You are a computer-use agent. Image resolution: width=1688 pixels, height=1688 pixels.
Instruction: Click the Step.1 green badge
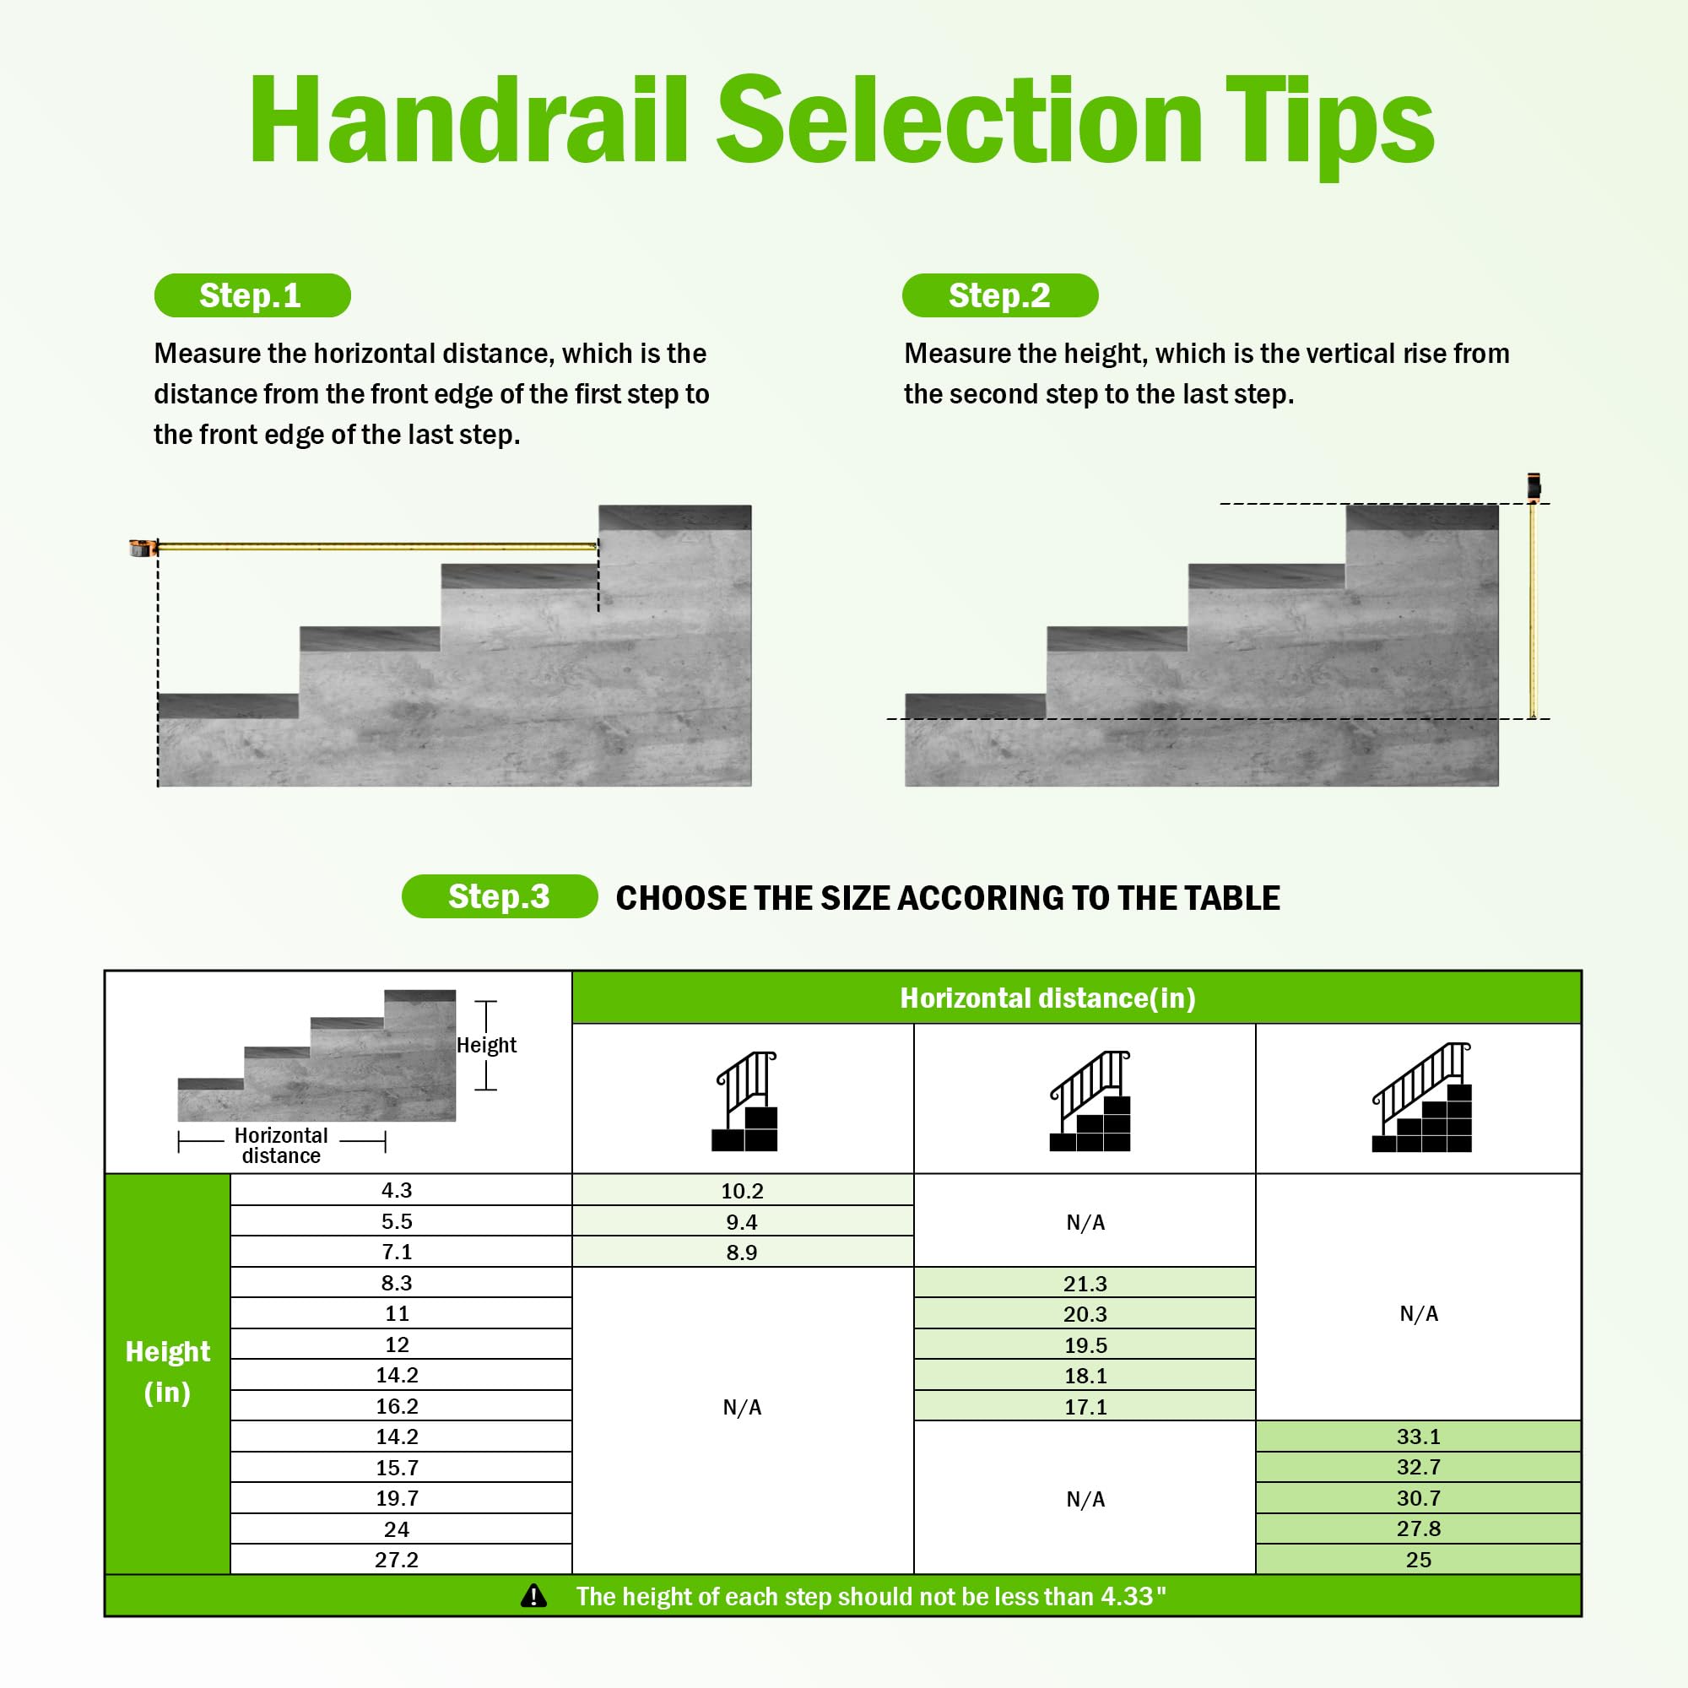pos(252,295)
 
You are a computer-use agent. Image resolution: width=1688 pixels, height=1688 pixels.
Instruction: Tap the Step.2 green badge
pos(999,295)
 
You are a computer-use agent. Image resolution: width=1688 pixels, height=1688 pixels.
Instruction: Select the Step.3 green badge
pos(499,896)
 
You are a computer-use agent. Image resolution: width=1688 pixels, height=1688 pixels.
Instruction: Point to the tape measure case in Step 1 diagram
pos(141,548)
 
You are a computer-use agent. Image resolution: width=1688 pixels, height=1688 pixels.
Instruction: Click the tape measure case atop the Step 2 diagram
pos(1534,486)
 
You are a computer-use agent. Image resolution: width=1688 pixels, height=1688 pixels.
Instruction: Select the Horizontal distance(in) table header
pos(1047,998)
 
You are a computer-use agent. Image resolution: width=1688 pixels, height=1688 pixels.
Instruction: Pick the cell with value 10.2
pos(742,1191)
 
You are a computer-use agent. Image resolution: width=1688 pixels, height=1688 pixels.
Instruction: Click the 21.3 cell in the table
pos(1085,1284)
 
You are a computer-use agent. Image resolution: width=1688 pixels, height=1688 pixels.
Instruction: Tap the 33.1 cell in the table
pos(1417,1436)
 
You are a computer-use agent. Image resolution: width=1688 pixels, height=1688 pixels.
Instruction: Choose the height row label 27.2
pos(397,1560)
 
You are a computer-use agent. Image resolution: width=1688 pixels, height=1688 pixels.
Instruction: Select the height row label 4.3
pos(397,1190)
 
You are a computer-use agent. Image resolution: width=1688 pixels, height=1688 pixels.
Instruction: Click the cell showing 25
pos(1417,1560)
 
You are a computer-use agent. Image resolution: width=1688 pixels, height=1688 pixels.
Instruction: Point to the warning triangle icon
pos(533,1597)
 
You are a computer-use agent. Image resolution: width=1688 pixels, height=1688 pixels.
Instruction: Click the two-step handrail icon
pos(744,1101)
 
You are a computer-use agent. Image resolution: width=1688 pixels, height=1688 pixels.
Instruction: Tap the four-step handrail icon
pos(1422,1098)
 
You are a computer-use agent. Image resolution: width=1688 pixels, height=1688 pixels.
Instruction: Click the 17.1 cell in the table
pos(1085,1407)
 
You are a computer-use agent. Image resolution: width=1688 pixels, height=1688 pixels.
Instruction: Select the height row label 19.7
pos(397,1498)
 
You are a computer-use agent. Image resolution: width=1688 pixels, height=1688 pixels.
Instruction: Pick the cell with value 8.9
pos(742,1252)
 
